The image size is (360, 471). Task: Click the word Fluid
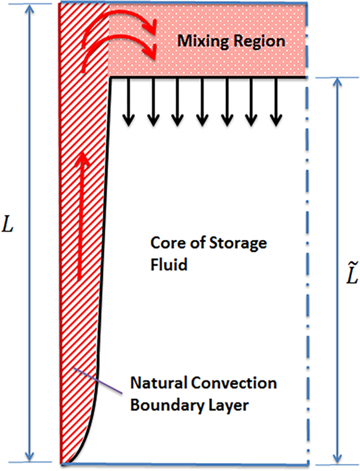click(x=168, y=264)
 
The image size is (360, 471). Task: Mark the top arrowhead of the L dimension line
click(x=30, y=9)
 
